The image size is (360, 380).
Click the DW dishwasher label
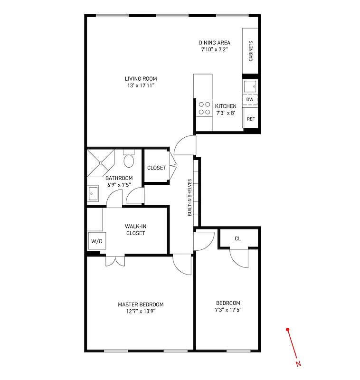coord(250,99)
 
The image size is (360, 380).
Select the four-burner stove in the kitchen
coord(205,108)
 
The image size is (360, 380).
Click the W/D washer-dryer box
coord(96,241)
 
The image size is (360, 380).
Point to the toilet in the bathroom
coord(129,160)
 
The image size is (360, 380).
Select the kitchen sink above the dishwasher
coord(250,86)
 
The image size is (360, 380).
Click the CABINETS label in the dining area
coord(251,51)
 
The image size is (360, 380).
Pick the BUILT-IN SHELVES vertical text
coord(189,198)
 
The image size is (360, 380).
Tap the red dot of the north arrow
coord(288,329)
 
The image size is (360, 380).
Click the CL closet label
coord(237,238)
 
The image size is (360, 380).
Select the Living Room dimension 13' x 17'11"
coord(141,85)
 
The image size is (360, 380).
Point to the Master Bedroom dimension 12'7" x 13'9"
coord(141,312)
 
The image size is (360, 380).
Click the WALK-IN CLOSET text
coord(135,230)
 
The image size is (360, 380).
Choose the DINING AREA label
coord(214,43)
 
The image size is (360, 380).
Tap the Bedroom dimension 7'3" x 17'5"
coord(228,310)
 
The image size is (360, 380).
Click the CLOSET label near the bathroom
coord(156,168)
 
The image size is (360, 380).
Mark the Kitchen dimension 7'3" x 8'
coord(225,113)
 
